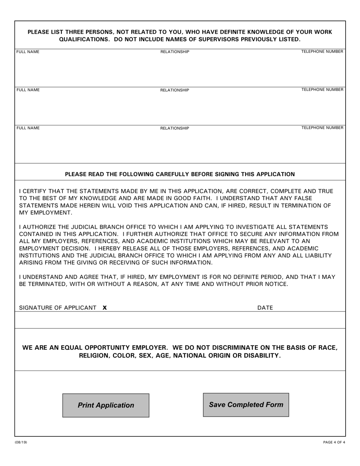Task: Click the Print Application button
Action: [106, 405]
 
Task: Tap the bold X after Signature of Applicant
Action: [105, 308]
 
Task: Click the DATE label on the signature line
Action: [265, 308]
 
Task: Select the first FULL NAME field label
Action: [28, 52]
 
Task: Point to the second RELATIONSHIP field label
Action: [175, 90]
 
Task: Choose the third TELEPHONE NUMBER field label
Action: [322, 128]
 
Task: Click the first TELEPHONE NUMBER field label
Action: [322, 52]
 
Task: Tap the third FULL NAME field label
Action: [28, 128]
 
